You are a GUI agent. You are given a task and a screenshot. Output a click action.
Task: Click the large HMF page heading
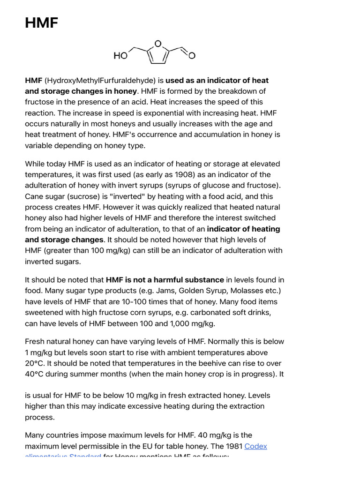pyautogui.click(x=42, y=23)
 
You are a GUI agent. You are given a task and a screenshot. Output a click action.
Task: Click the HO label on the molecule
pyautogui.click(x=120, y=56)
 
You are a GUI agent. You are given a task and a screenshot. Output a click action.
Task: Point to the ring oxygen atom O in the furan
pyautogui.click(x=158, y=44)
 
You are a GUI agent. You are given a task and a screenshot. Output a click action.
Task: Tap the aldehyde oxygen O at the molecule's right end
pyautogui.click(x=192, y=56)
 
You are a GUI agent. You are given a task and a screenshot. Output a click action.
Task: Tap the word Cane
pyautogui.click(x=34, y=196)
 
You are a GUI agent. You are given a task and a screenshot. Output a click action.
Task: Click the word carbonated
pyautogui.click(x=191, y=313)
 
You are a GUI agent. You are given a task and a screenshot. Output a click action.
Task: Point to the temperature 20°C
pyautogui.click(x=35, y=363)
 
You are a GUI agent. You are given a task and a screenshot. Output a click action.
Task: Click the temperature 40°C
pyautogui.click(x=35, y=374)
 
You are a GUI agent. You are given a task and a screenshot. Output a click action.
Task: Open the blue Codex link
pyautogui.click(x=256, y=446)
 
